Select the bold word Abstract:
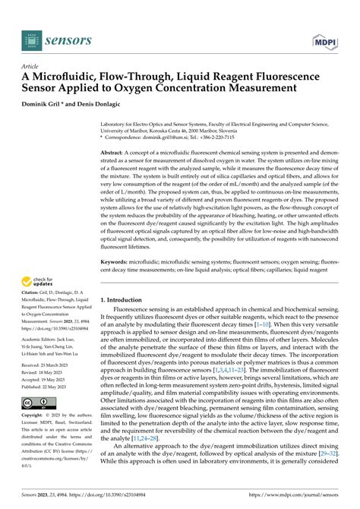pyautogui.click(x=114, y=153)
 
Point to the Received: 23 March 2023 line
pyautogui.click(x=52, y=366)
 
